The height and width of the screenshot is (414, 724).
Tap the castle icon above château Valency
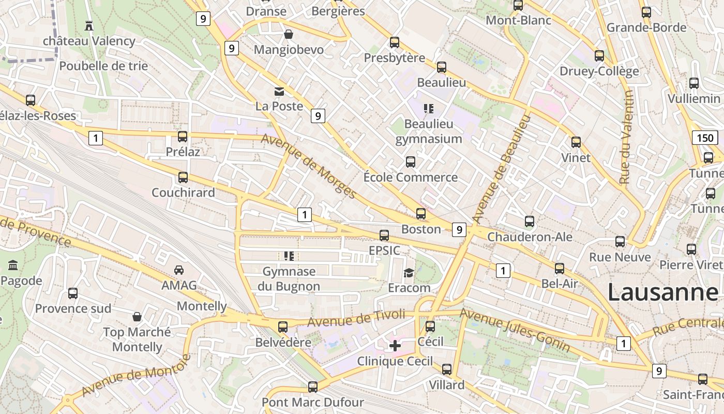click(89, 25)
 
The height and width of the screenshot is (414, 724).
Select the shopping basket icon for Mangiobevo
click(288, 34)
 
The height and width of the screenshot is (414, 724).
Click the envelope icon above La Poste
click(279, 92)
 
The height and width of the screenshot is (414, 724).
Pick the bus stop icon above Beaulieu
click(441, 67)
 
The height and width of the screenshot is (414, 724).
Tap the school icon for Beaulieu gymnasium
click(428, 109)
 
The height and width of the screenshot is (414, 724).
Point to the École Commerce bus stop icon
click(410, 162)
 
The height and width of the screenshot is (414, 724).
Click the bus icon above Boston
click(421, 214)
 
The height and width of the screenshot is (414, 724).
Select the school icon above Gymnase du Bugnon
click(289, 256)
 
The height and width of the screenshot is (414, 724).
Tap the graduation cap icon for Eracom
click(409, 273)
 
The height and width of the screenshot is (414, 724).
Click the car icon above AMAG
click(179, 270)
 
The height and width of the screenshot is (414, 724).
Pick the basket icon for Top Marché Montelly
click(137, 317)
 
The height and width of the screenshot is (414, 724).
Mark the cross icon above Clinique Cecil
click(395, 346)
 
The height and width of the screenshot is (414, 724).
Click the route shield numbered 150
click(704, 138)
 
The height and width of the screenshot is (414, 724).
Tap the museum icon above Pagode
click(13, 266)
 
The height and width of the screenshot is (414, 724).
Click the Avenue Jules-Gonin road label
click(515, 330)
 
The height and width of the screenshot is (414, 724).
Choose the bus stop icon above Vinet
click(576, 142)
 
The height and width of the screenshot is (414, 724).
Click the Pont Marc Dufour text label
click(313, 402)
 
